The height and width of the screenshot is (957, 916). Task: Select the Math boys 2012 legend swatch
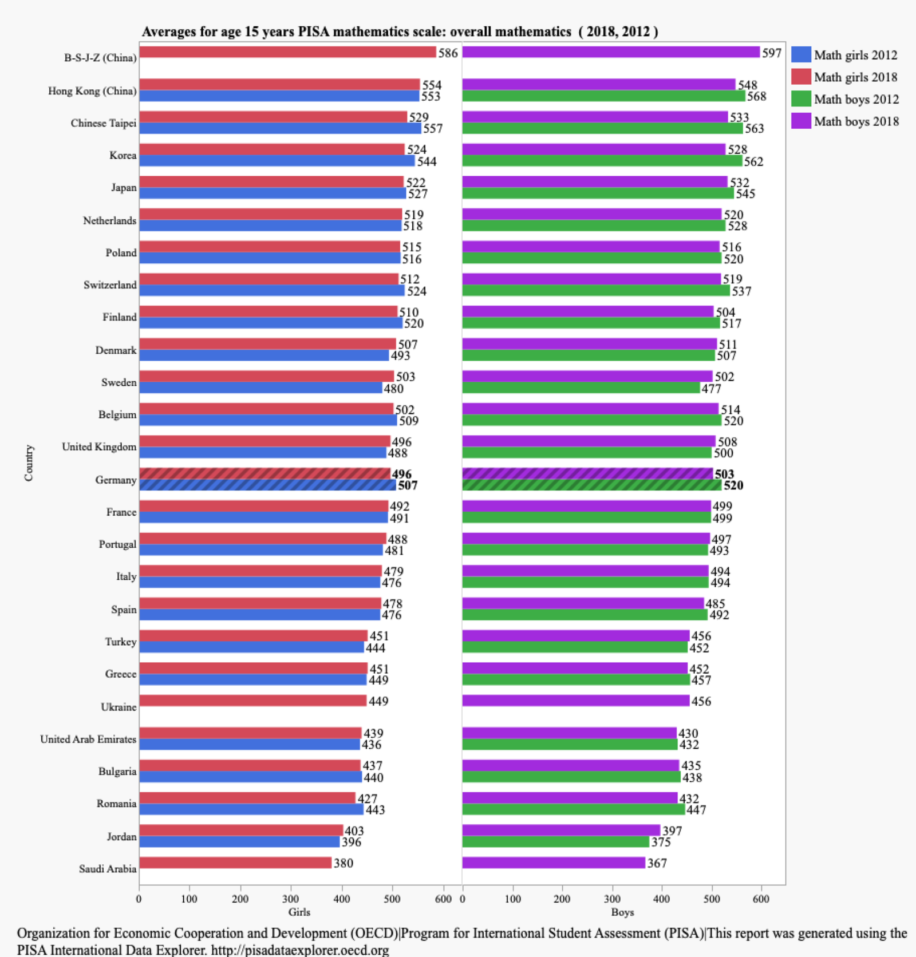tap(801, 99)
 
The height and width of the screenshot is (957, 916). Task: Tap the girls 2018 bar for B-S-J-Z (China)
tap(287, 52)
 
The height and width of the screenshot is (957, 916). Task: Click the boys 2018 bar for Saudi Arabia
tap(553, 863)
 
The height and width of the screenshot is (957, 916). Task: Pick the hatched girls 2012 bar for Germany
tap(267, 485)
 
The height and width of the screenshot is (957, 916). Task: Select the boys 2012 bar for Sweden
tap(581, 388)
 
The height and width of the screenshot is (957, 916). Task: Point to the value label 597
tap(771, 53)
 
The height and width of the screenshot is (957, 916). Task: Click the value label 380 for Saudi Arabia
tap(343, 863)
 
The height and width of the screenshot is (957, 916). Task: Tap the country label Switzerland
tap(110, 285)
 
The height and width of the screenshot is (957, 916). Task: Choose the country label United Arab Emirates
tap(88, 739)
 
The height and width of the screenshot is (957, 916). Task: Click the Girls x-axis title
tap(299, 912)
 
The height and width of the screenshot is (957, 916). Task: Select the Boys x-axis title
tap(622, 912)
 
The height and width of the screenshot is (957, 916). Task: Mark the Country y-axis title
tap(29, 462)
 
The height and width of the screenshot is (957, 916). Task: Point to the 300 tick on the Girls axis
tap(290, 899)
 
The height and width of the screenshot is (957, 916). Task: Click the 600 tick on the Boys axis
tap(761, 899)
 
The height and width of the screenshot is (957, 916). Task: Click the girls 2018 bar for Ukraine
tap(252, 701)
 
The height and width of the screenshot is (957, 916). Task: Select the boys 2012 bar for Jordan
tap(555, 842)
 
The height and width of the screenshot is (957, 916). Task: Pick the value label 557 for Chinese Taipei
tap(433, 128)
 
